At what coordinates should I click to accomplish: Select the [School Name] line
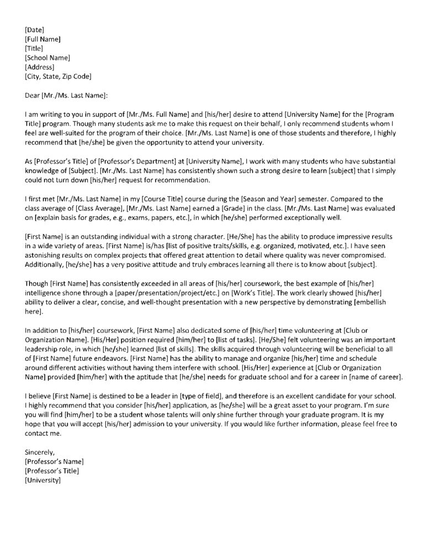click(x=47, y=57)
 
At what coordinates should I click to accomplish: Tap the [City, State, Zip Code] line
click(x=58, y=76)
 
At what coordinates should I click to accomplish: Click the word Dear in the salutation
click(x=33, y=96)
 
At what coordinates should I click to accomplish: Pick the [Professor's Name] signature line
click(x=54, y=462)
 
